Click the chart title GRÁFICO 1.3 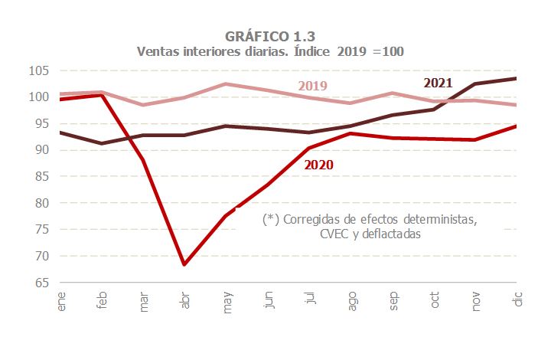271,36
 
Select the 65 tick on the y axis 41,283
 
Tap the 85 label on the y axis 41,177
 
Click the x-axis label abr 184,299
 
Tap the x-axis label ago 350,299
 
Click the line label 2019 312,85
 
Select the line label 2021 439,82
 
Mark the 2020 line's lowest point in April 184,264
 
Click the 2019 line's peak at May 226,84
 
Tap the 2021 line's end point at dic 517,78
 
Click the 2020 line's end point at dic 517,126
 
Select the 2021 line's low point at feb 102,143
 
